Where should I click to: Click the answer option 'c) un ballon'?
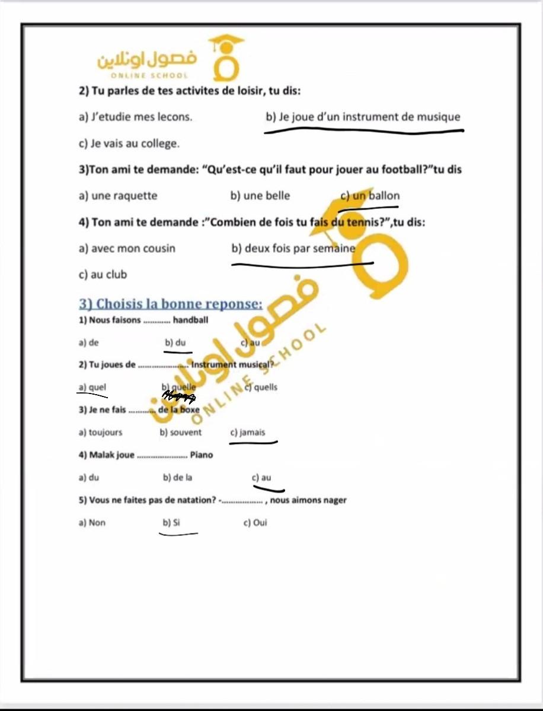coord(370,196)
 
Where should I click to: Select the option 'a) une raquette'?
coord(118,196)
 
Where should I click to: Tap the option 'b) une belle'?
coord(260,196)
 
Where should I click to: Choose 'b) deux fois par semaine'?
coord(293,248)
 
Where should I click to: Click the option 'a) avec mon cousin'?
coord(127,248)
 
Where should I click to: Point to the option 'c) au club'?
coord(103,275)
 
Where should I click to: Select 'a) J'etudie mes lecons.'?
coord(135,117)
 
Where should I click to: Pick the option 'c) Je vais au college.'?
coord(129,144)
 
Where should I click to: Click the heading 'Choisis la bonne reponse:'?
coord(171,304)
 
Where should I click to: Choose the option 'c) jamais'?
coord(248,433)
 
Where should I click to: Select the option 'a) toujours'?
coord(100,433)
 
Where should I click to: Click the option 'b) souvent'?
coord(181,433)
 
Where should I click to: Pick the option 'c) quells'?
coord(261,388)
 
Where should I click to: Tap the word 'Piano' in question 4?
coord(201,455)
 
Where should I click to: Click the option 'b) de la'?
coord(177,478)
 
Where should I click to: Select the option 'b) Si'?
coord(171,523)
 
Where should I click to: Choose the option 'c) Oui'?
coord(255,523)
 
